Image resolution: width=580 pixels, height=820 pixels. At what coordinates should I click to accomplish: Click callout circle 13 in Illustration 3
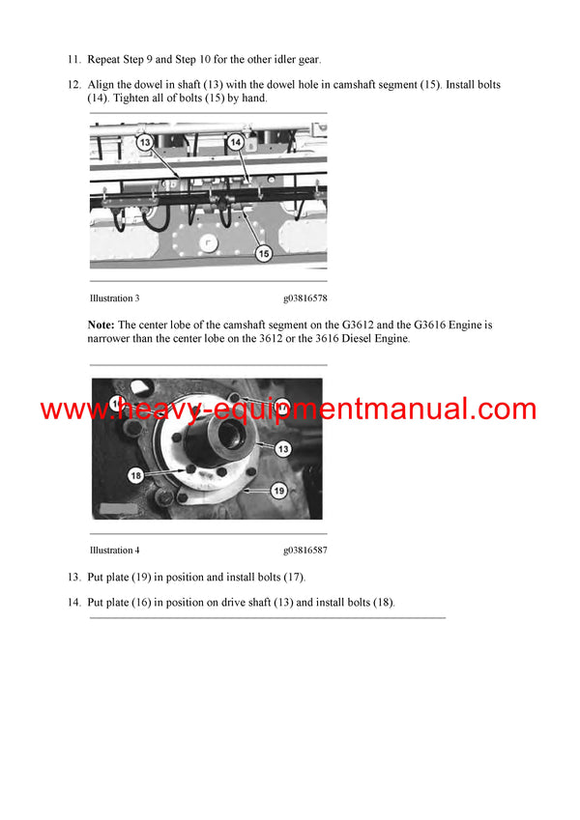145,142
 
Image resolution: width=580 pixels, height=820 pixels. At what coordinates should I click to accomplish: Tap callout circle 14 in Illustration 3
236,142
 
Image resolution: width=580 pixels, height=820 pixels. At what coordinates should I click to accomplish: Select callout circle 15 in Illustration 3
263,253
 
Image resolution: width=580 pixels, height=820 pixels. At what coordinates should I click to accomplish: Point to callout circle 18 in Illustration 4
135,475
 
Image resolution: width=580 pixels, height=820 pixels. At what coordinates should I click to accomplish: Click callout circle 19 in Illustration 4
278,491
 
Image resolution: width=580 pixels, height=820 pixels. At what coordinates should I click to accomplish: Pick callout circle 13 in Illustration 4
282,448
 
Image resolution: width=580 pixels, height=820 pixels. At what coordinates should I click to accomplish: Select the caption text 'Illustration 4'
114,551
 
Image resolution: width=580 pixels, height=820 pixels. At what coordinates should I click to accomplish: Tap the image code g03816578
304,298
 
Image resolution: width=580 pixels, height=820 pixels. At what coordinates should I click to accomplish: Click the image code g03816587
304,551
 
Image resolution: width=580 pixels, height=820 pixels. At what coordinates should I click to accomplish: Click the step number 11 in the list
73,60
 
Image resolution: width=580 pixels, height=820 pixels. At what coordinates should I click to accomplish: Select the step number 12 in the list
73,85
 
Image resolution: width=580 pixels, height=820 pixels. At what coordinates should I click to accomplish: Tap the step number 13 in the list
73,578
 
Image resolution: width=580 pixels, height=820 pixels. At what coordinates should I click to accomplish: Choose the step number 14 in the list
73,603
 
